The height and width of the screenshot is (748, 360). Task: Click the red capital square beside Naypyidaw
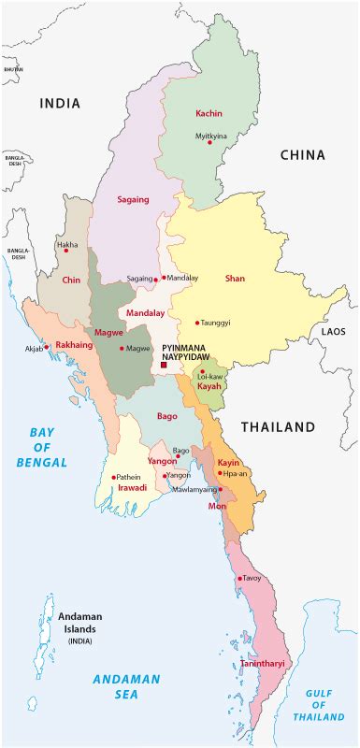click(164, 366)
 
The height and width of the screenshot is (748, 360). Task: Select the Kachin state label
click(209, 113)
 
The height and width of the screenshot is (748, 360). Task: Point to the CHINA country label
click(302, 155)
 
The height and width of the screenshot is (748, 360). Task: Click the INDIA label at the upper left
click(60, 104)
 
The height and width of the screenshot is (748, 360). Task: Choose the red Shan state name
click(235, 278)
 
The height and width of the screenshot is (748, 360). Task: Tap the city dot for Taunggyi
click(196, 323)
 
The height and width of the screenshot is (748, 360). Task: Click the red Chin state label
click(72, 280)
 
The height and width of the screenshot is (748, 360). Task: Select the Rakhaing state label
click(72, 343)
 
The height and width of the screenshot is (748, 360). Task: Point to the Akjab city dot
click(47, 347)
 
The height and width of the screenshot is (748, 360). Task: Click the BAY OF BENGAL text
click(42, 447)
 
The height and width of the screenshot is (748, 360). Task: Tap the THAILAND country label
click(278, 427)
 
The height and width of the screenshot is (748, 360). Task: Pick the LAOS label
click(333, 332)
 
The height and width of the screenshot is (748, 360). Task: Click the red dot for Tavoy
click(240, 579)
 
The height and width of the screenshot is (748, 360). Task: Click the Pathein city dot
click(114, 477)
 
